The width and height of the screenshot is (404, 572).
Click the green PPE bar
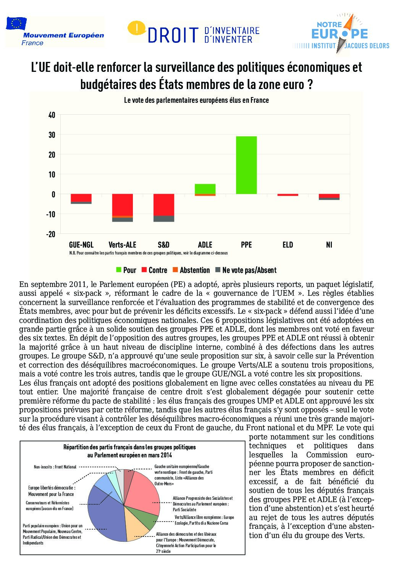tap(246, 165)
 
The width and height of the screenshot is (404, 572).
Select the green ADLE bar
tap(205, 189)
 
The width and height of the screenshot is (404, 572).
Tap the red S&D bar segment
tap(163, 205)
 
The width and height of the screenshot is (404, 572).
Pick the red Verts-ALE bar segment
tap(122, 205)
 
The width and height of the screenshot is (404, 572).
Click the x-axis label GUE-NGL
tap(81, 245)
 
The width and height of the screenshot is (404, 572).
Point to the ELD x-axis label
tap(288, 245)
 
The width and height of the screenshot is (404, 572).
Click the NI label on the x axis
tap(329, 245)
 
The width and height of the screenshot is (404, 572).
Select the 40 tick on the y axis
tap(52, 115)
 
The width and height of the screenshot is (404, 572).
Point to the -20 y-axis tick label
tap(51, 234)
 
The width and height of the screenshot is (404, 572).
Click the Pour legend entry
tap(126, 270)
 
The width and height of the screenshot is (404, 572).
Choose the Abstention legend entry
tap(191, 270)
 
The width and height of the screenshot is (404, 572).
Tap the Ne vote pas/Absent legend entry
tap(246, 270)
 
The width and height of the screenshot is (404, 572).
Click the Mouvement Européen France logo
tap(55, 32)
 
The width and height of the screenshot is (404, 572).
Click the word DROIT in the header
tap(173, 35)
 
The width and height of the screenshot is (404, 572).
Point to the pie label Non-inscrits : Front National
tap(55, 467)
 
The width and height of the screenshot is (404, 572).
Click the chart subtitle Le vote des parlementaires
tap(196, 100)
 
